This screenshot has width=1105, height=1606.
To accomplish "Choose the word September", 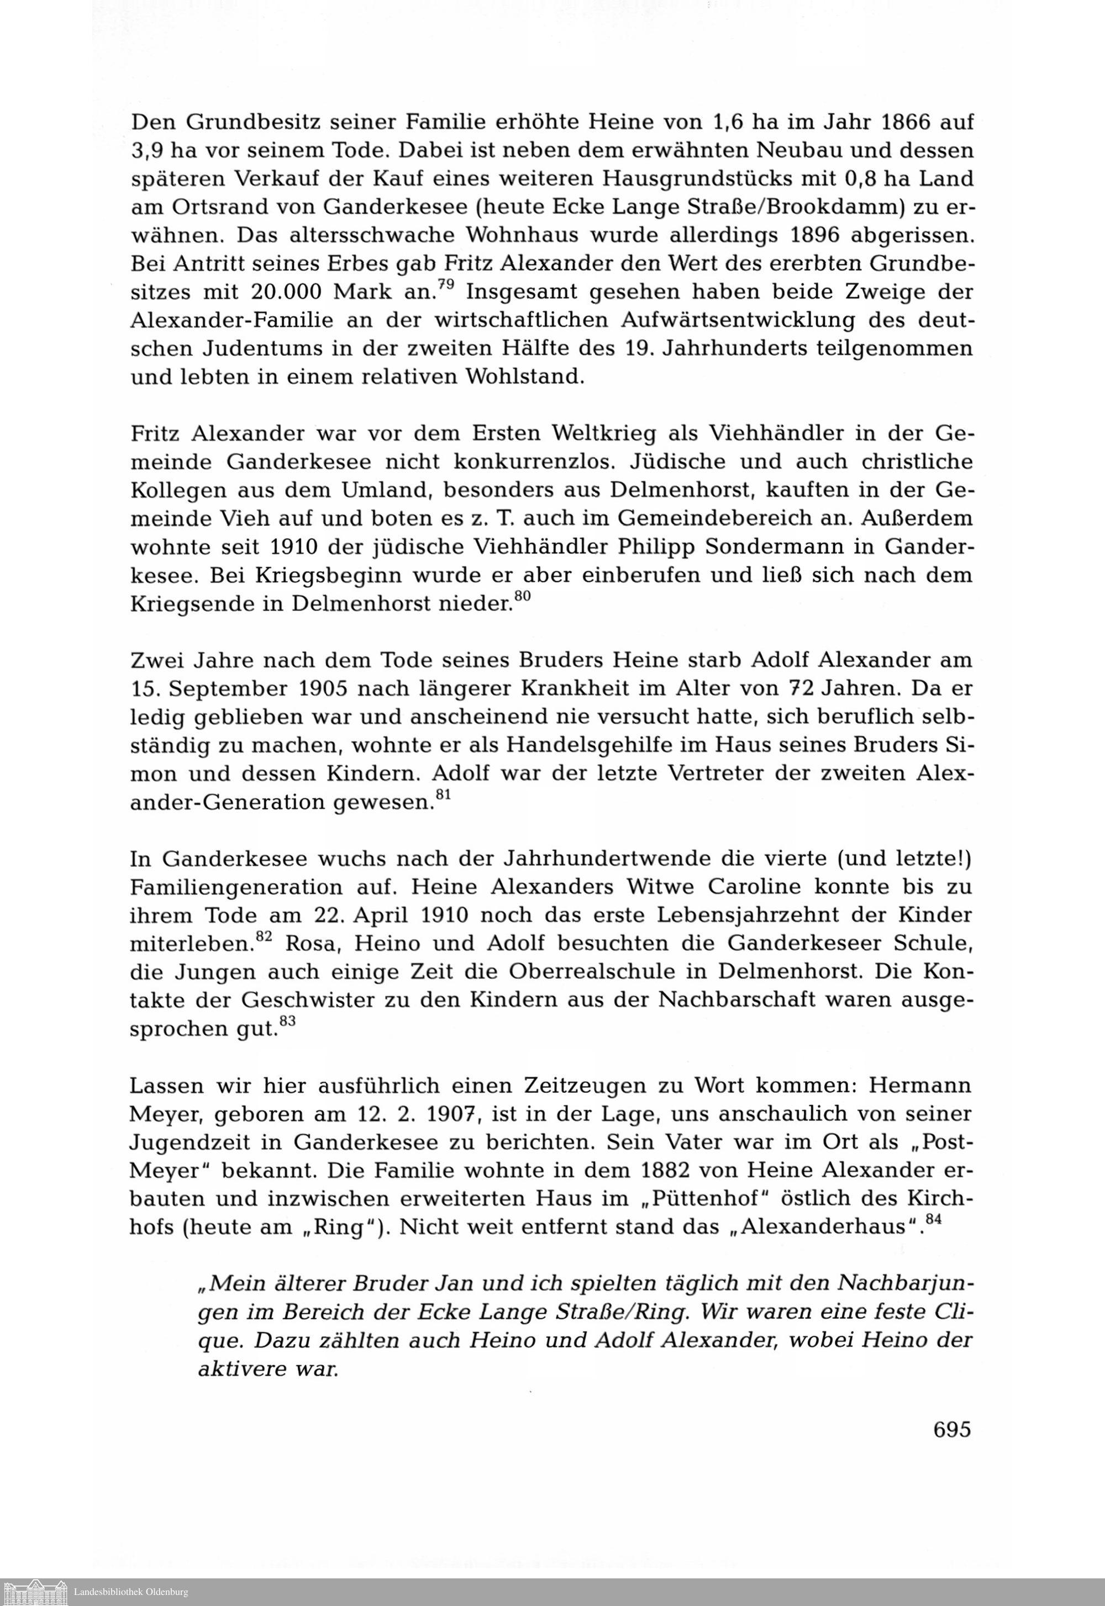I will click(x=229, y=689).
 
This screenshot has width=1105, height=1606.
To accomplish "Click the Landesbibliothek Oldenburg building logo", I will click(x=35, y=1592).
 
